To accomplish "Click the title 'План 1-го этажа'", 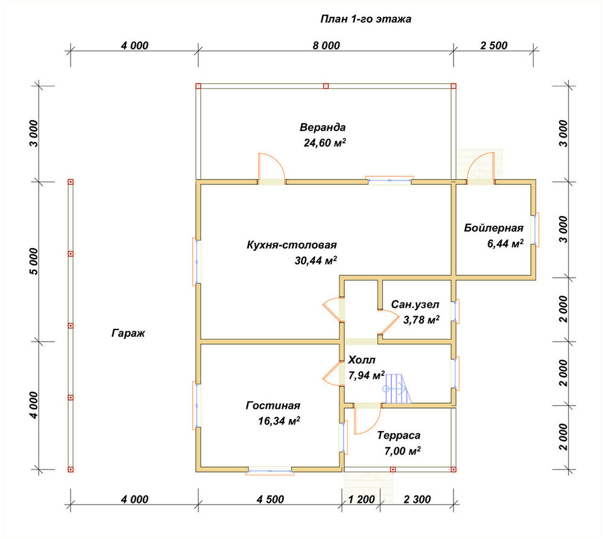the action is click(x=366, y=19).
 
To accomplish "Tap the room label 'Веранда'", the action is click(x=323, y=127).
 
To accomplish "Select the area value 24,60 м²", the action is click(x=325, y=143).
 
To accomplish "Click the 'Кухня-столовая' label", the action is click(x=292, y=245).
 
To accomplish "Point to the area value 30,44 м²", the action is click(x=316, y=261).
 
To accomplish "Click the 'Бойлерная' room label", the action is click(x=493, y=228).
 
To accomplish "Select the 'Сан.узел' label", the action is click(x=415, y=305).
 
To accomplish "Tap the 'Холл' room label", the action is click(x=361, y=360).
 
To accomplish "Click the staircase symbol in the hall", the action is click(x=397, y=388).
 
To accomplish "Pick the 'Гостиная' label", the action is click(x=273, y=406).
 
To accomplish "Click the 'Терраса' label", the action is click(x=399, y=435).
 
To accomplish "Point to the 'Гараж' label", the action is click(x=128, y=333).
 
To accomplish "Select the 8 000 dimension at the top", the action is click(x=326, y=45).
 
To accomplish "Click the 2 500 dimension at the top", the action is click(x=494, y=45).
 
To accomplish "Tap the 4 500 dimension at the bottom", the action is click(x=270, y=499).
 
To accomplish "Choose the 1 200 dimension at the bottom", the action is click(x=361, y=499).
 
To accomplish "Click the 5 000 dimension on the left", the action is click(x=34, y=261).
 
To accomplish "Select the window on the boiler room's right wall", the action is click(x=535, y=229).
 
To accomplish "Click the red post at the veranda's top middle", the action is click(x=326, y=86).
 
